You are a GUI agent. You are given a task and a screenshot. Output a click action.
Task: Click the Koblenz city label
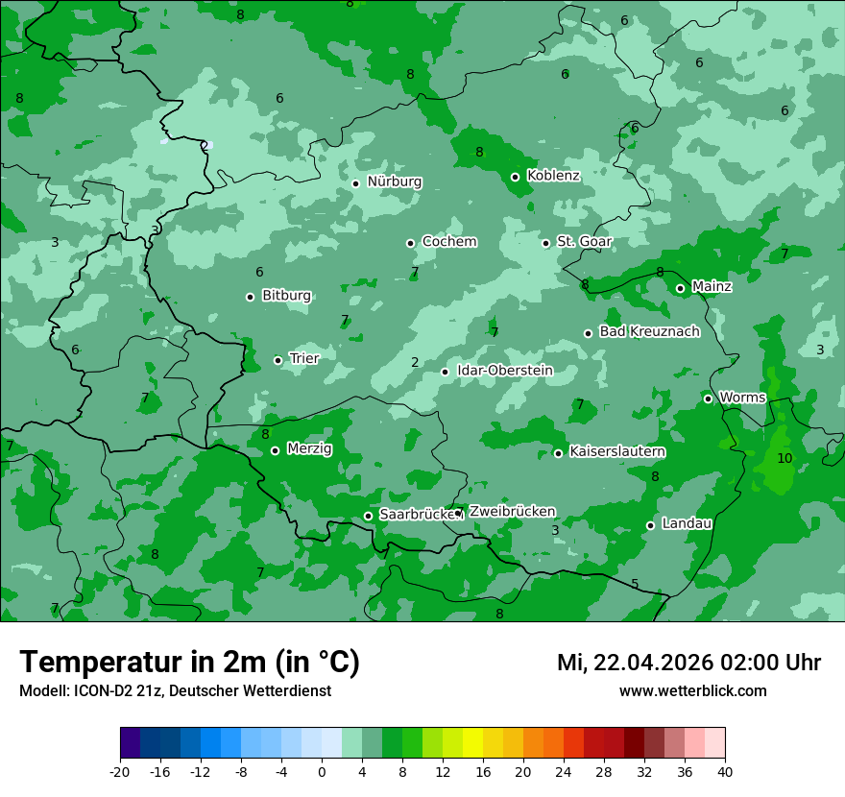click(553, 176)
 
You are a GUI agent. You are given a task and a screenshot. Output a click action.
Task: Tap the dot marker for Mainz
click(680, 288)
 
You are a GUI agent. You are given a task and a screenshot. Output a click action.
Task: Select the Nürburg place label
click(394, 181)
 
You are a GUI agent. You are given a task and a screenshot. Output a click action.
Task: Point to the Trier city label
click(303, 358)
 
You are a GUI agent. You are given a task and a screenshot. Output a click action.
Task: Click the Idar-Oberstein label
click(504, 371)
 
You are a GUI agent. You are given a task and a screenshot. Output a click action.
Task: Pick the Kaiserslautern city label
click(616, 451)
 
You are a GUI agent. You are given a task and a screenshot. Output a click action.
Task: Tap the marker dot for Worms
click(708, 398)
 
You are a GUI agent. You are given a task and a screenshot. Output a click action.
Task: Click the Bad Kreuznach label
click(649, 331)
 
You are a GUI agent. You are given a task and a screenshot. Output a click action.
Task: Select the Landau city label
click(687, 523)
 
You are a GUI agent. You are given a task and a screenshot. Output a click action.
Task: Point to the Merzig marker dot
click(275, 450)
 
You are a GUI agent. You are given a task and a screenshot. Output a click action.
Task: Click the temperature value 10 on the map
click(785, 458)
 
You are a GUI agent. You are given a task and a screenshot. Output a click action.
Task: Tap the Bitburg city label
click(286, 296)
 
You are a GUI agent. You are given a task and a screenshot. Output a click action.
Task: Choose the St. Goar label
click(584, 241)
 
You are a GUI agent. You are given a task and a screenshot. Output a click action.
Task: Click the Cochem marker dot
click(410, 243)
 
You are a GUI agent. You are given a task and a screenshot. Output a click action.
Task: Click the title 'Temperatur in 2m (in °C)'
click(189, 663)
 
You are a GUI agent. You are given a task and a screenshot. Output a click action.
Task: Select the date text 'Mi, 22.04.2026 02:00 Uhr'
click(688, 663)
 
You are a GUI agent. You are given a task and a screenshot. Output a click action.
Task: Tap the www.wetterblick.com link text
click(692, 691)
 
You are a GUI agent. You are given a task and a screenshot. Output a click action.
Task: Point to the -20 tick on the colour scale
click(120, 771)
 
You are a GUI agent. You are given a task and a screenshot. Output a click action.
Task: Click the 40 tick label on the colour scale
click(725, 771)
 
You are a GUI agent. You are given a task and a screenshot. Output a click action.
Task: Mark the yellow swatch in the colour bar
click(472, 743)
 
